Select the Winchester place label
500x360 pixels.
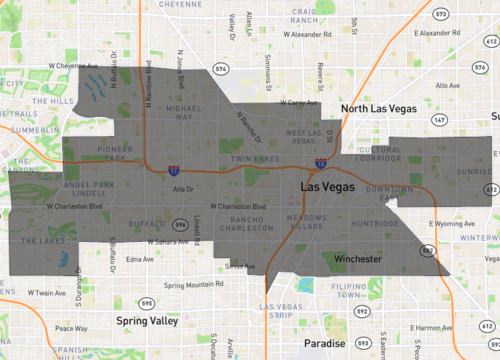tap(355, 260)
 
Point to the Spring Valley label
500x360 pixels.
tap(147, 321)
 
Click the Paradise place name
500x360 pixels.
tap(325, 343)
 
